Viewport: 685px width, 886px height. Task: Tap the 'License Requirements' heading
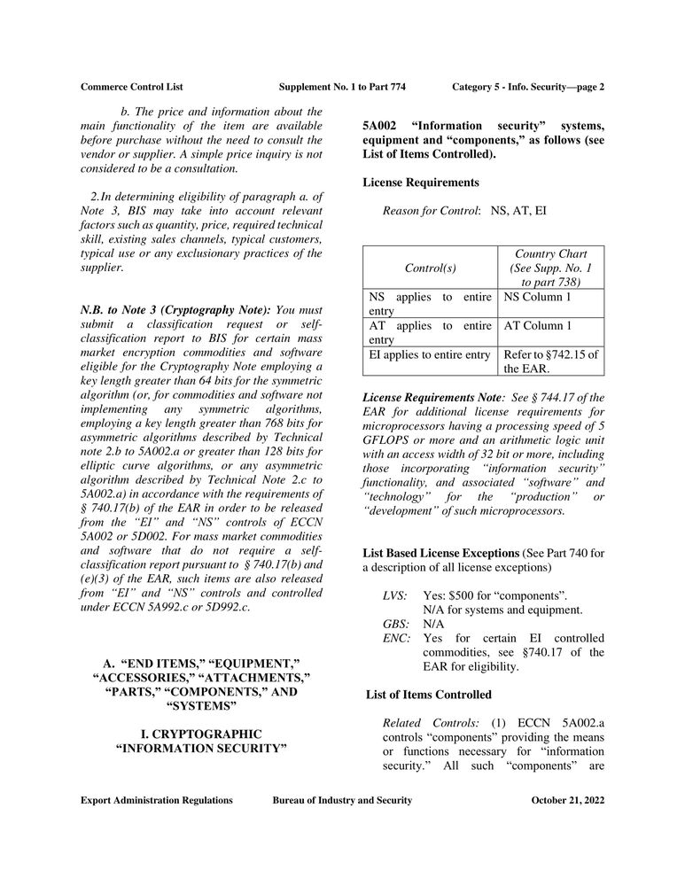(421, 183)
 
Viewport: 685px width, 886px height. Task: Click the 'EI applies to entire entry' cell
(430, 355)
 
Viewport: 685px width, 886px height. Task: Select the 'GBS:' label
(395, 623)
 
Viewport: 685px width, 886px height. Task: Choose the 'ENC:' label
(396, 638)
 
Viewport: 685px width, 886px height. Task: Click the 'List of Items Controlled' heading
(429, 694)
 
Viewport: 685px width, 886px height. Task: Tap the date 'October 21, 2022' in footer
(568, 800)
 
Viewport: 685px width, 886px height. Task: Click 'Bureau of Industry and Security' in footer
(342, 800)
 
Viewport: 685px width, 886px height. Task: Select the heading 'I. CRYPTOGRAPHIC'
(202, 734)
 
